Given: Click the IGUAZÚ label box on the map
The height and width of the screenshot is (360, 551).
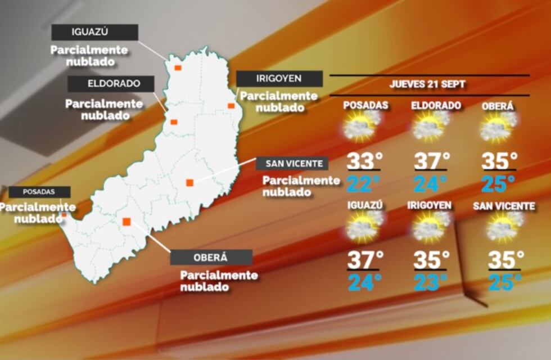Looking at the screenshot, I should pyautogui.click(x=94, y=32).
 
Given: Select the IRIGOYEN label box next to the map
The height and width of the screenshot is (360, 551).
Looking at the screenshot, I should pyautogui.click(x=279, y=79).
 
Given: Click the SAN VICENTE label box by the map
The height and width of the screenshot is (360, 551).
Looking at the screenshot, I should pyautogui.click(x=292, y=164).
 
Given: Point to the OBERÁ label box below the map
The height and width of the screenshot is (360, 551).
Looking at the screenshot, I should pyautogui.click(x=211, y=258).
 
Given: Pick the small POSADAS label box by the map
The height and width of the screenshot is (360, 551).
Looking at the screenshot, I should pyautogui.click(x=39, y=192).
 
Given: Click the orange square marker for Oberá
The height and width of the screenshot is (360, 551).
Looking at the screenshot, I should pyautogui.click(x=127, y=221).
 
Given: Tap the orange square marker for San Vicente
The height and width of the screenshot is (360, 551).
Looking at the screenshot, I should pyautogui.click(x=190, y=182).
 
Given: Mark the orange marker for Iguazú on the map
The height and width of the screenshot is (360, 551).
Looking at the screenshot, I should pyautogui.click(x=177, y=67).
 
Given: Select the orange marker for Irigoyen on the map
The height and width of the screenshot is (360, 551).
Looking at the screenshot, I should pyautogui.click(x=231, y=105).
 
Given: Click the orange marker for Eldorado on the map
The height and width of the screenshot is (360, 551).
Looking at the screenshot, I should pyautogui.click(x=174, y=122).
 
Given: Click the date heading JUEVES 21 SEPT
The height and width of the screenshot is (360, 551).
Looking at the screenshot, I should pyautogui.click(x=427, y=85).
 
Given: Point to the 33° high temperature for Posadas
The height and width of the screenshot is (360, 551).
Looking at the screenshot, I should pyautogui.click(x=363, y=161).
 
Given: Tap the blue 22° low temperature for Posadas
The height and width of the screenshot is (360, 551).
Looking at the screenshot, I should pyautogui.click(x=363, y=183).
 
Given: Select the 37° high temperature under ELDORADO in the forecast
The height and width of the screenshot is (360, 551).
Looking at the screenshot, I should pyautogui.click(x=431, y=161).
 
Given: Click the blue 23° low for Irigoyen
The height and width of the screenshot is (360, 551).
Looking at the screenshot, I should pyautogui.click(x=431, y=282).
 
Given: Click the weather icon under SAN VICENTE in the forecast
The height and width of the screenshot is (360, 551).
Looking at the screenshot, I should pyautogui.click(x=503, y=226).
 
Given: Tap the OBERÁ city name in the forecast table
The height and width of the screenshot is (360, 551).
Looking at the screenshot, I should pyautogui.click(x=498, y=106).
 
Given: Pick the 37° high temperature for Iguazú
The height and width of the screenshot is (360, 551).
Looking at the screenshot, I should pyautogui.click(x=365, y=260).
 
